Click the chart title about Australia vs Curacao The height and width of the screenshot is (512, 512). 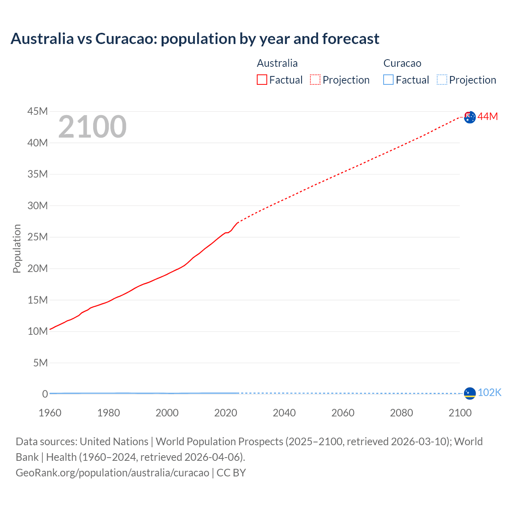click(195, 39)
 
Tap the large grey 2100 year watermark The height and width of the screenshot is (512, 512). click(92, 127)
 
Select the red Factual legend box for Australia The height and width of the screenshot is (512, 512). click(262, 80)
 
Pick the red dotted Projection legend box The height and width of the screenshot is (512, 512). click(315, 80)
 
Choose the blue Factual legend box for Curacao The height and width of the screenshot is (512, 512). click(388, 80)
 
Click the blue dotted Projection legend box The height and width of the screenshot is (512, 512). click(442, 80)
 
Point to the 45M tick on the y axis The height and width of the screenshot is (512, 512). click(38, 111)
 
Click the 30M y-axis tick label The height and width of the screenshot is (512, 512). click(38, 206)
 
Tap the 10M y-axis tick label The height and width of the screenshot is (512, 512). click(38, 331)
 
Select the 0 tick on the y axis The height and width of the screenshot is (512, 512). click(45, 394)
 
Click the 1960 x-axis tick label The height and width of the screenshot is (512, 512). click(50, 413)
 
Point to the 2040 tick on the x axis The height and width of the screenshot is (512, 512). click(284, 413)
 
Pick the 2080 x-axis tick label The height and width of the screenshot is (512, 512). click(401, 413)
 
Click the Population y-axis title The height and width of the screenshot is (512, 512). click(17, 248)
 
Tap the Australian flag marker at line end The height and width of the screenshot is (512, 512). click(470, 117)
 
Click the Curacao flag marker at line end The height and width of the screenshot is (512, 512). click(470, 393)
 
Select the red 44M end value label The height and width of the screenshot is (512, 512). click(488, 116)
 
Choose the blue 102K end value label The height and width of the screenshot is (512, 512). click(489, 392)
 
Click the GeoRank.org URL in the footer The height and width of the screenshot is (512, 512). click(112, 473)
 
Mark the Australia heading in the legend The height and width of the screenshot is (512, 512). click(277, 63)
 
